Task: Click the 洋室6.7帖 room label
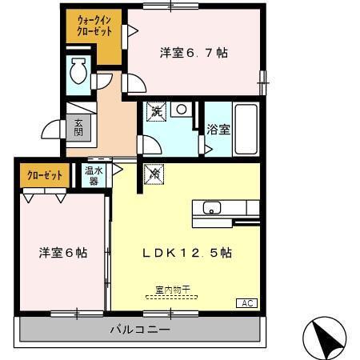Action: [x=194, y=53]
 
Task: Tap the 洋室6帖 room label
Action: [x=63, y=252]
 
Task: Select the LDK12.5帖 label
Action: [x=187, y=252]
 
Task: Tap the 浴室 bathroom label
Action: [x=218, y=128]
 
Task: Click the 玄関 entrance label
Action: [x=78, y=128]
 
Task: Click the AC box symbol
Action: [x=247, y=302]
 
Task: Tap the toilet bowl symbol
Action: [x=78, y=74]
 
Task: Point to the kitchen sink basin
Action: [x=212, y=209]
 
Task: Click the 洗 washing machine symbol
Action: [x=156, y=112]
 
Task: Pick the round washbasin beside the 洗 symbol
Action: [x=183, y=109]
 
